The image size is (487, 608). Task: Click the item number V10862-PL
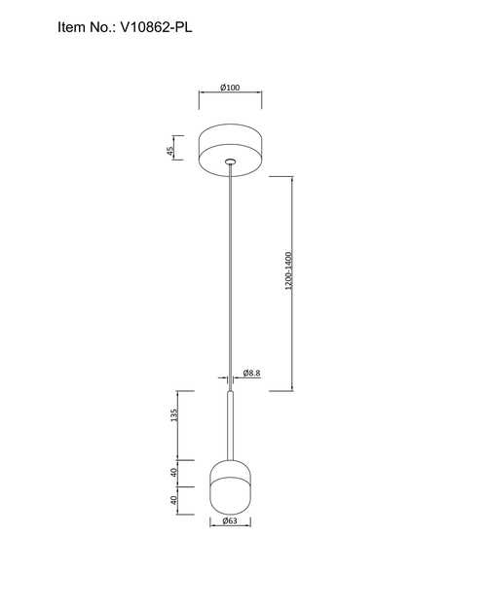click(x=156, y=27)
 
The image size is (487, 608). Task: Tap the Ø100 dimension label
click(x=230, y=88)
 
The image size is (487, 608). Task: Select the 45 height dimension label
click(x=170, y=151)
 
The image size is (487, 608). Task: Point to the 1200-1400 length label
click(x=288, y=271)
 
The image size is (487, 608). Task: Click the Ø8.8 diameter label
click(x=251, y=373)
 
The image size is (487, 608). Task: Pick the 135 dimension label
click(x=173, y=414)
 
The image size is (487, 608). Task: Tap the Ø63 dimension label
click(x=230, y=520)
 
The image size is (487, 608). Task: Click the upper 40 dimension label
click(x=173, y=473)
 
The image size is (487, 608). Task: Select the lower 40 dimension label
click(x=173, y=500)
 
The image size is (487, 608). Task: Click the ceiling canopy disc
click(x=230, y=150)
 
